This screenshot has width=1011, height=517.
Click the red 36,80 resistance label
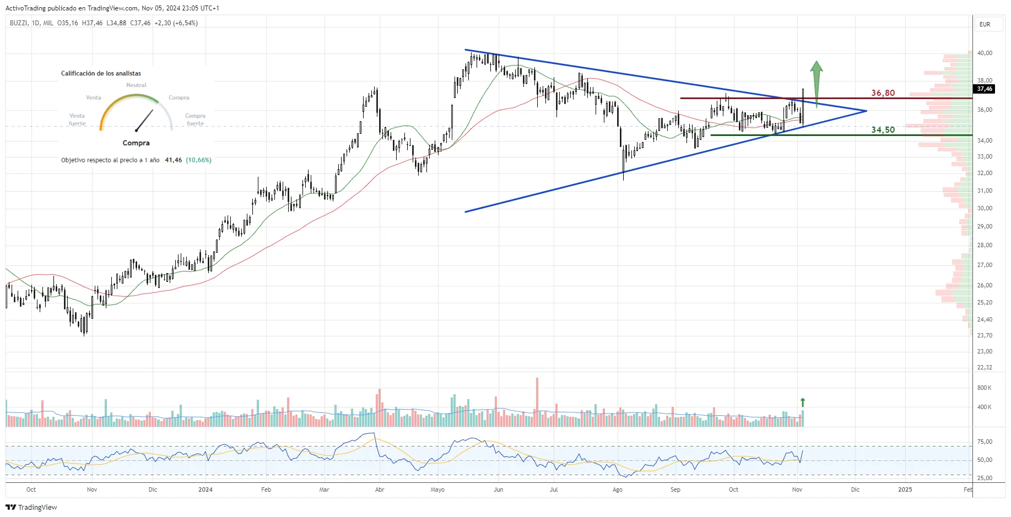point(883,93)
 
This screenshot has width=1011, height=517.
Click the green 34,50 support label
point(883,130)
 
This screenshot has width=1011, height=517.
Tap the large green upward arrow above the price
point(816,83)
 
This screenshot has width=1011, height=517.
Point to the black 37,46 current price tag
point(984,89)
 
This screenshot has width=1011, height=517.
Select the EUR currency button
point(985,24)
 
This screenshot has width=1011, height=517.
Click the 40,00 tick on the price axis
point(985,53)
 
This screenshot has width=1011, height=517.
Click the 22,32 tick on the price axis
point(985,367)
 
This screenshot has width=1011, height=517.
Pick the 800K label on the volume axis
point(984,388)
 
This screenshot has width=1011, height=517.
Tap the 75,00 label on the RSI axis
point(985,442)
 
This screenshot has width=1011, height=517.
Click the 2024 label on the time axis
point(206,489)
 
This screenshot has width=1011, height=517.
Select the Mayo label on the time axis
point(437,489)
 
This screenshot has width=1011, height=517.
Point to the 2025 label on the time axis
point(905,489)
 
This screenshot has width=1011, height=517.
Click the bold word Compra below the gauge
point(136,143)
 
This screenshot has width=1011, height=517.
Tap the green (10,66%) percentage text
point(198,160)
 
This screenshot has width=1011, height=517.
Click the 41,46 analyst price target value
point(173,160)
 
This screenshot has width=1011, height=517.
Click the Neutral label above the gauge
point(136,85)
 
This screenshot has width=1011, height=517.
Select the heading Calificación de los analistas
point(101,73)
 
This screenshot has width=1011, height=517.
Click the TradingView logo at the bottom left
point(31,507)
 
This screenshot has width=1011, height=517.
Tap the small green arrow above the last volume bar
point(803,402)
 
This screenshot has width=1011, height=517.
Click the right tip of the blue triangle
point(866,111)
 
